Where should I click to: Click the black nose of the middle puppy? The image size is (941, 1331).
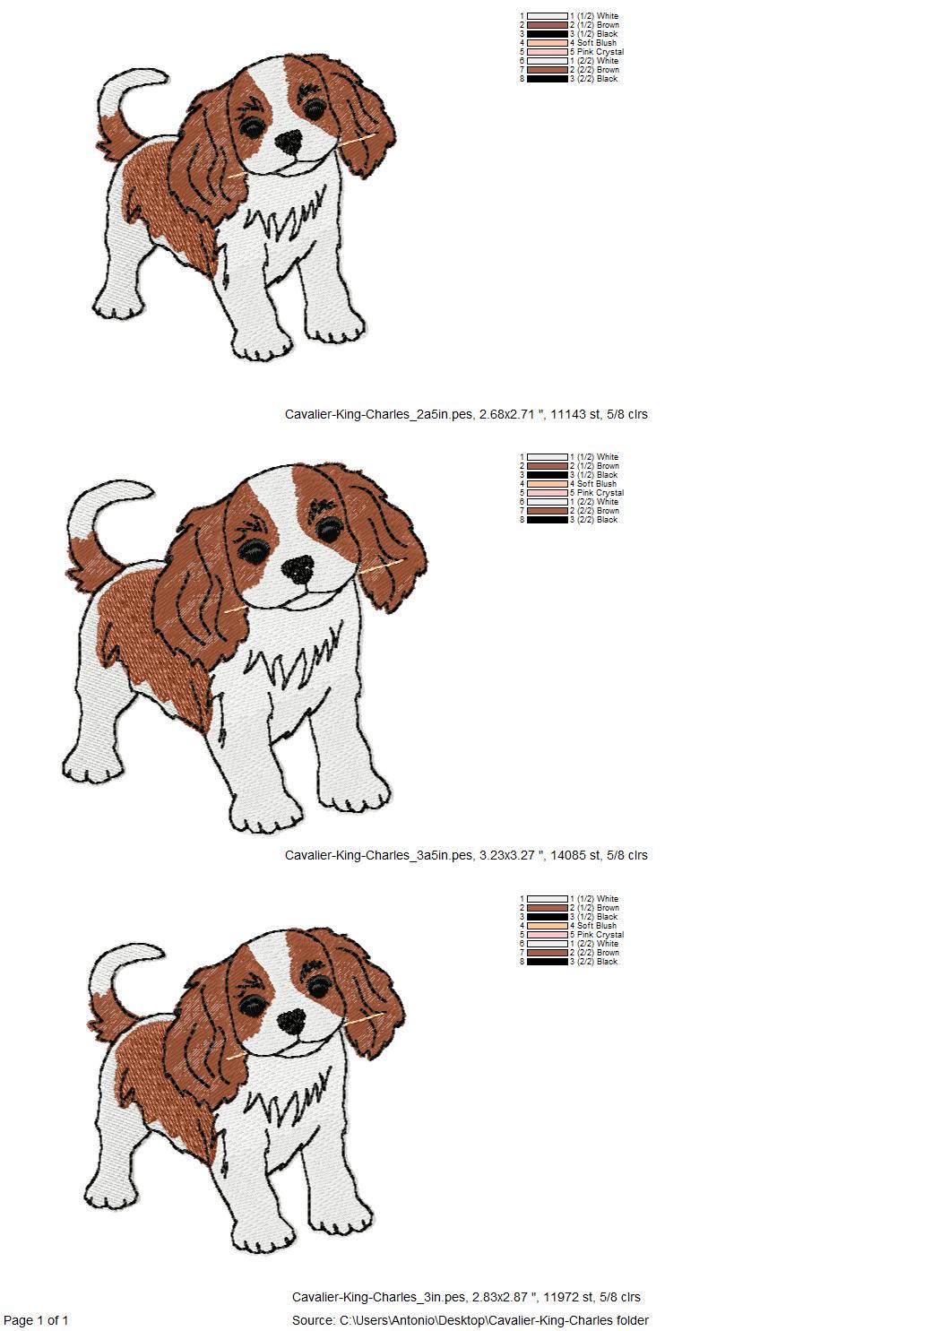coord(298,568)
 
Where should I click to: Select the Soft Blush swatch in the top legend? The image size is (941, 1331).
coord(548,43)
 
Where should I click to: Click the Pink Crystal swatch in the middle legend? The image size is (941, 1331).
coord(548,493)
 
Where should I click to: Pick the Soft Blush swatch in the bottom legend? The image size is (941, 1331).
coord(548,926)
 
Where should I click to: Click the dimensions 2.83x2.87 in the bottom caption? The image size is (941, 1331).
coord(505,1297)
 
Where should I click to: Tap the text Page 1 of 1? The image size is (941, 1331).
coord(36,1320)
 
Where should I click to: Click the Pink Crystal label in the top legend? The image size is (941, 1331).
coord(600,52)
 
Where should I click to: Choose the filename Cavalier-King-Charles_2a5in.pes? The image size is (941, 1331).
coord(378,414)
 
